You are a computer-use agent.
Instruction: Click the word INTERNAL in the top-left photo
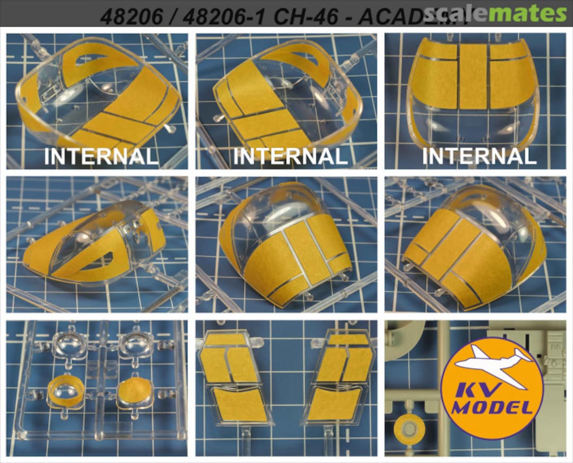pyautogui.click(x=101, y=157)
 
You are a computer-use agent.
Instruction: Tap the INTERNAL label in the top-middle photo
pyautogui.click(x=290, y=157)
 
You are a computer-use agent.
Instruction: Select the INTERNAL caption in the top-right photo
pyautogui.click(x=479, y=157)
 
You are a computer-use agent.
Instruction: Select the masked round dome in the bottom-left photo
pyautogui.click(x=135, y=394)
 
